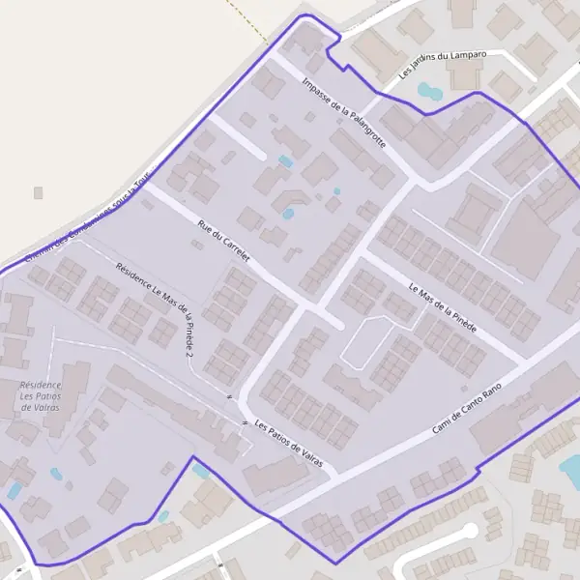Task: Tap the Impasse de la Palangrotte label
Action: [343, 112]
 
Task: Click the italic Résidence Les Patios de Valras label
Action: [40, 396]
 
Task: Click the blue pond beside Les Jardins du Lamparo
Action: [428, 93]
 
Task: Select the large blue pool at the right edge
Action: [571, 471]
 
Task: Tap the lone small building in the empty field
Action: [39, 193]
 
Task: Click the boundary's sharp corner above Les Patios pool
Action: [193, 456]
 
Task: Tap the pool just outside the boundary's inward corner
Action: [200, 472]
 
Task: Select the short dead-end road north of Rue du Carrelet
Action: [238, 137]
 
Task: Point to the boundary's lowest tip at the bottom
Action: [334, 564]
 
